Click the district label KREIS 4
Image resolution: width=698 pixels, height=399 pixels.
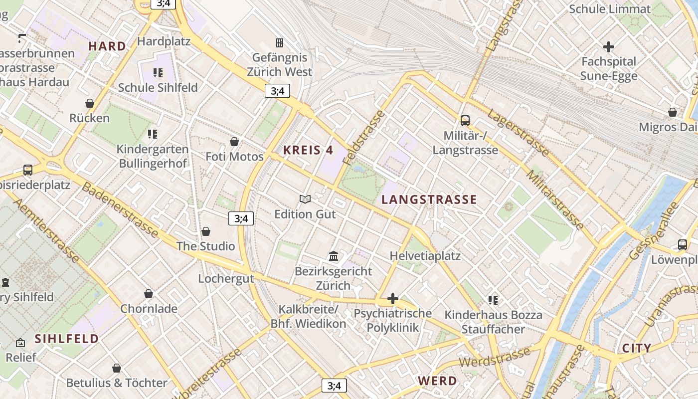[x=308, y=150]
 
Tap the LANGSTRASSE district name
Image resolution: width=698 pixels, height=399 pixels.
[x=429, y=200]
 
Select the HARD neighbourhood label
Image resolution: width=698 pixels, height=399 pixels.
[x=107, y=46]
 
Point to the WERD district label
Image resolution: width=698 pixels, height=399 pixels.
[x=437, y=381]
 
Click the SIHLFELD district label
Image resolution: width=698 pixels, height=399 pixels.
[x=66, y=339]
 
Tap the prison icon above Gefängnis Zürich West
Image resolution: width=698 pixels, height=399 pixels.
[x=280, y=43]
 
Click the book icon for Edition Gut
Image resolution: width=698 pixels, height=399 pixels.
[x=305, y=199]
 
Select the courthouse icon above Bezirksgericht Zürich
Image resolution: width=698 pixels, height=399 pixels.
[x=334, y=256]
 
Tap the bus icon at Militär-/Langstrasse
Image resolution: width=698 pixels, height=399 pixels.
[x=465, y=120]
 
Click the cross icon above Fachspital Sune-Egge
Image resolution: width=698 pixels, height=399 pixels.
[x=609, y=47]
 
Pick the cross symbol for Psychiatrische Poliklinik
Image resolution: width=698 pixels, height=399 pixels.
[x=393, y=299]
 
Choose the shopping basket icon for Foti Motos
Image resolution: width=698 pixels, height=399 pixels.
[x=234, y=142]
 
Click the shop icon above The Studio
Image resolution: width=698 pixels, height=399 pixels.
[x=206, y=231]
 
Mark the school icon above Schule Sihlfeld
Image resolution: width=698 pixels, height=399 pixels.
[x=158, y=73]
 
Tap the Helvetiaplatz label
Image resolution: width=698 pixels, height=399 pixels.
[x=425, y=256]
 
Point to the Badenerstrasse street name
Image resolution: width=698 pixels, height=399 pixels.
[x=120, y=210]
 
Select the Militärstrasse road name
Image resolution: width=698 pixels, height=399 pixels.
[x=555, y=199]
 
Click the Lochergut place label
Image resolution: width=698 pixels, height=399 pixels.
[x=226, y=278]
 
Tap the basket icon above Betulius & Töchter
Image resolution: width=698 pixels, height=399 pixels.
[x=117, y=368]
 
